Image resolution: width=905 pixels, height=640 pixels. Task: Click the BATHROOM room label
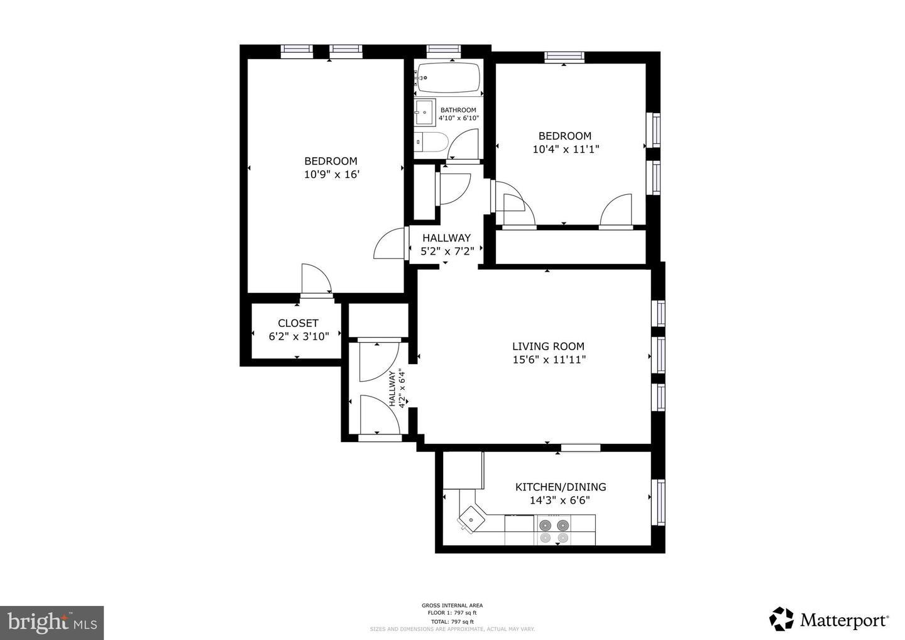pyautogui.click(x=458, y=110)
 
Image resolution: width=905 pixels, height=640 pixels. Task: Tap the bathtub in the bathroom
pyautogui.click(x=449, y=78)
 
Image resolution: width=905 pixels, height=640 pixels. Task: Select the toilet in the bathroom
pyautogui.click(x=431, y=142)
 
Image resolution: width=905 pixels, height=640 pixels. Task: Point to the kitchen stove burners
pyautogui.click(x=554, y=531)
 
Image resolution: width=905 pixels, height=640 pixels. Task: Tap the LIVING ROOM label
pyautogui.click(x=548, y=346)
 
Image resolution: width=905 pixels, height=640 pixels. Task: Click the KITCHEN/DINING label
pyautogui.click(x=561, y=487)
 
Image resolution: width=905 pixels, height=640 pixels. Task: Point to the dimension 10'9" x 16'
pyautogui.click(x=331, y=175)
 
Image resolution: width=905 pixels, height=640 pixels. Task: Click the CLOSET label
pyautogui.click(x=298, y=323)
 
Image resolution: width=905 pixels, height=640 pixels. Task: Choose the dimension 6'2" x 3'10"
pyautogui.click(x=299, y=336)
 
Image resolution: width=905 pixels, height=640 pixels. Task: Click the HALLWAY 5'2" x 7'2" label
pyautogui.click(x=446, y=245)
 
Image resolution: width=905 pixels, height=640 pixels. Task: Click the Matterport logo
pyautogui.click(x=829, y=620)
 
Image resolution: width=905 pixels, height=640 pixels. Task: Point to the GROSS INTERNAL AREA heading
pyautogui.click(x=452, y=605)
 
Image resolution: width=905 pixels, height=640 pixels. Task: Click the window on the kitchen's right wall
pyautogui.click(x=660, y=502)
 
